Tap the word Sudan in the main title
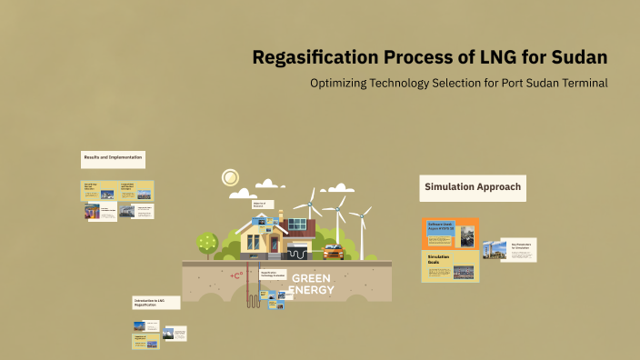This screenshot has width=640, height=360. click(575, 58)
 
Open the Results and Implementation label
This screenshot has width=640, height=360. click(113, 158)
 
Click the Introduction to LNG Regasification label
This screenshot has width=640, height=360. click(155, 303)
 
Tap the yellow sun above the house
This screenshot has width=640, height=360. click(230, 177)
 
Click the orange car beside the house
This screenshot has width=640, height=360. click(334, 251)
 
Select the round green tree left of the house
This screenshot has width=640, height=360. click(207, 242)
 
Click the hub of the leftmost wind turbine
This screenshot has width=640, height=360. click(310, 202)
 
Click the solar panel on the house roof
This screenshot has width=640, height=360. click(301, 225)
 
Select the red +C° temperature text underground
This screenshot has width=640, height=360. click(236, 275)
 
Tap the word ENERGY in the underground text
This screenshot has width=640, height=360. click(311, 291)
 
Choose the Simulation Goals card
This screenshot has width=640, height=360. click(450, 265)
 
